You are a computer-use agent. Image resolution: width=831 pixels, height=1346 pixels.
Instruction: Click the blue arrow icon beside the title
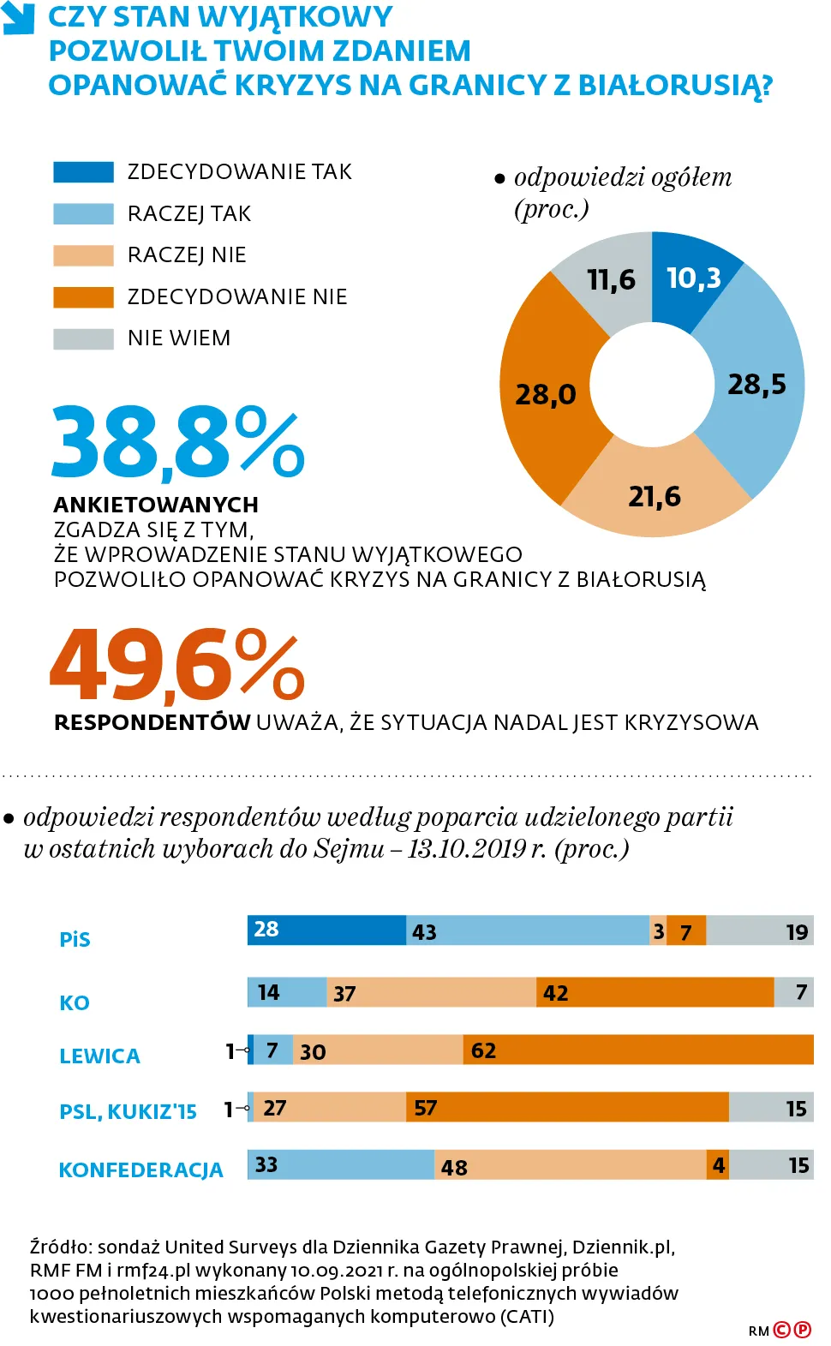(x=18, y=18)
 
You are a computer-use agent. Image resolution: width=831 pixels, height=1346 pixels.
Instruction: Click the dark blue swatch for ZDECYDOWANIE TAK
(x=83, y=172)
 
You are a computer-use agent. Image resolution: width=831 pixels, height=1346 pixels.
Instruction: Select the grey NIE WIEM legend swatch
(x=83, y=339)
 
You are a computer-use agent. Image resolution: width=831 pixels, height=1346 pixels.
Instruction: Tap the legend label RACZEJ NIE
(x=187, y=255)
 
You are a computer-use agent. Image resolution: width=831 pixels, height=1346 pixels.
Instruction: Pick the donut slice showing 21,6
(x=655, y=495)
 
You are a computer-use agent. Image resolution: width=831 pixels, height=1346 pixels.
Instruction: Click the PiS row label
(x=75, y=940)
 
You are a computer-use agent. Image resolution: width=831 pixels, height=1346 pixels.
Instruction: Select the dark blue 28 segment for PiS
(x=326, y=930)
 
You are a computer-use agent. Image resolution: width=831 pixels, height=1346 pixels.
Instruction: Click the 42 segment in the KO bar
(x=655, y=992)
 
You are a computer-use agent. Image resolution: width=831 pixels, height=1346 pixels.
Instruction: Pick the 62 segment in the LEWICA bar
(x=638, y=1050)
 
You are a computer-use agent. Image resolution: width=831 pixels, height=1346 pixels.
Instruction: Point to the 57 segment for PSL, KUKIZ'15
(x=567, y=1107)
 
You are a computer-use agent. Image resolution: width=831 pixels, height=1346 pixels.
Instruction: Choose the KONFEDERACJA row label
(x=140, y=1170)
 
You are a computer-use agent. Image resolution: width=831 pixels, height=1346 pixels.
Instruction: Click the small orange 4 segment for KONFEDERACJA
(x=718, y=1165)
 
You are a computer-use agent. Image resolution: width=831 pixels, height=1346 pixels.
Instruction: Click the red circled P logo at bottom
(x=803, y=1330)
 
